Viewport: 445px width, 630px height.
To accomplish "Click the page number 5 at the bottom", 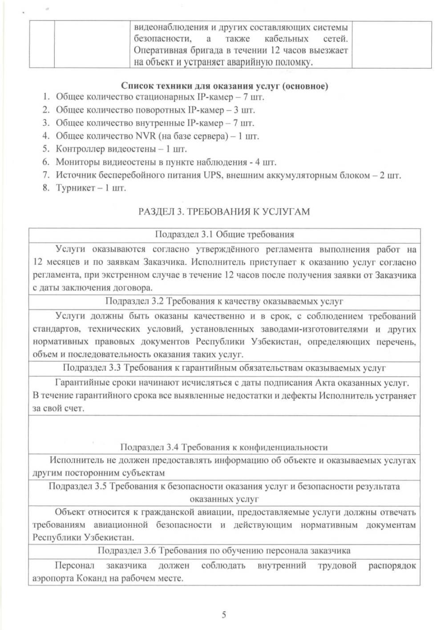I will (224, 615).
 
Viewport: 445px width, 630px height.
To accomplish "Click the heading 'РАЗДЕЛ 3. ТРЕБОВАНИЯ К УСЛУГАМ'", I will (224, 211).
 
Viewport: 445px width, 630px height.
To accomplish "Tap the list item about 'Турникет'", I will (91, 188).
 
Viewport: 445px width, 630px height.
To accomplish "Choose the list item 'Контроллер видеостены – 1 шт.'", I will (121, 149).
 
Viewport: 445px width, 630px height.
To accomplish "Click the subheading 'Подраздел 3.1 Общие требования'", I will (224, 234).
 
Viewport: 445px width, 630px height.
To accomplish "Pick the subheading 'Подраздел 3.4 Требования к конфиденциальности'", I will (224, 447).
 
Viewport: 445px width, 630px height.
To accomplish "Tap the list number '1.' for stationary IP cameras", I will (46, 97).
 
